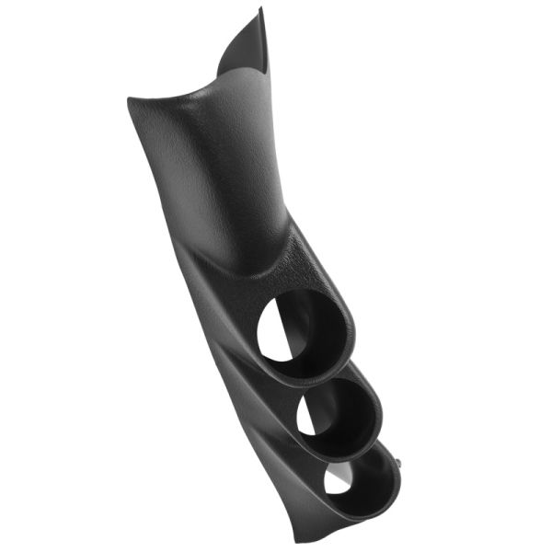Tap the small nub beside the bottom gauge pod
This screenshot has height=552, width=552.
click(x=402, y=457)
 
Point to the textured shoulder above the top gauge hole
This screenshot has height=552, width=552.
click(x=294, y=262)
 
